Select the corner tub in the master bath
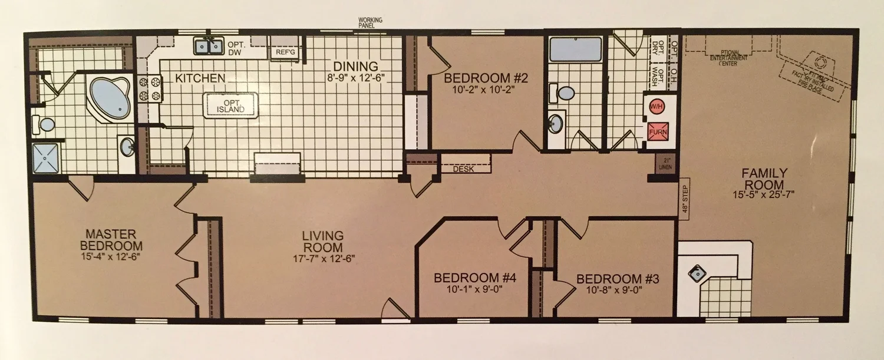pos(110,97)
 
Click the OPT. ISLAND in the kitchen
pos(230,106)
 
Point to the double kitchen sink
pos(209,45)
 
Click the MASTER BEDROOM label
pos(112,240)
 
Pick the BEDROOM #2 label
pos(477,78)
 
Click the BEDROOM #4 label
pos(475,278)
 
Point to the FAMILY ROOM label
pos(764,179)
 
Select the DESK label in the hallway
pos(463,169)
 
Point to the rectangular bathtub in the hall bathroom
pos(575,49)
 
